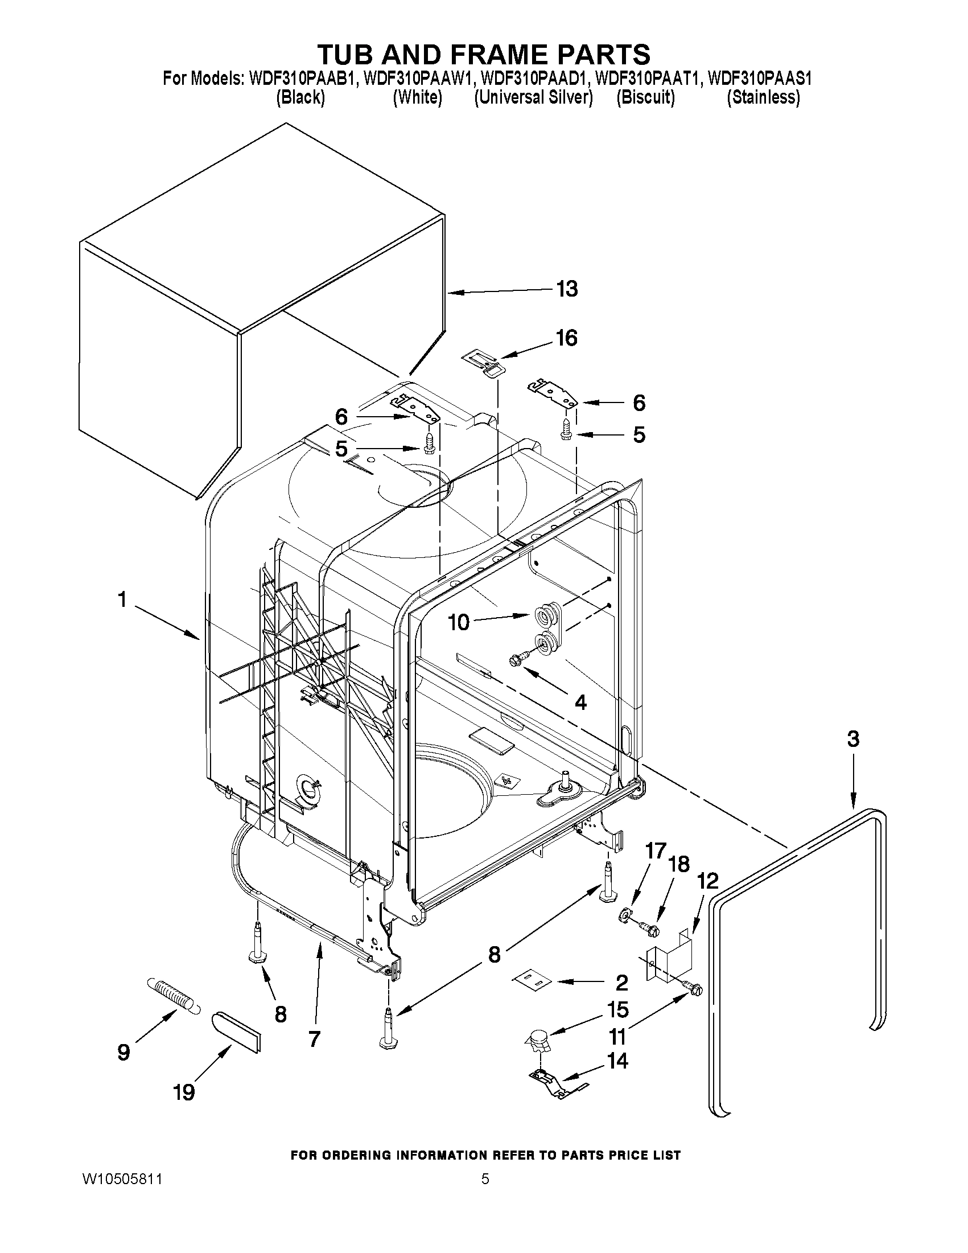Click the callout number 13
(x=567, y=289)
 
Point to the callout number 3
(x=853, y=739)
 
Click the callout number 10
(x=459, y=622)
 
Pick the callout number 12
(x=709, y=881)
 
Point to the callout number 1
(x=122, y=600)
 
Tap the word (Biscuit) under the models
(x=645, y=97)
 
